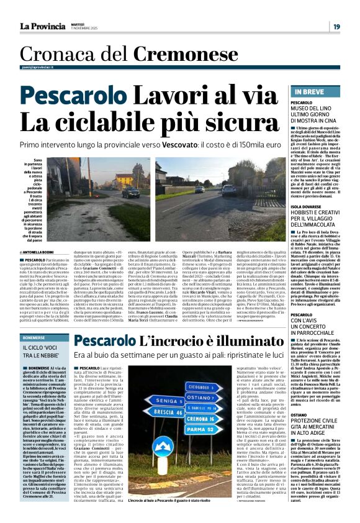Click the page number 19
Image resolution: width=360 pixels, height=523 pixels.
(x=335, y=26)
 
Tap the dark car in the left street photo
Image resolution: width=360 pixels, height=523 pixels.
(x=130, y=193)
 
